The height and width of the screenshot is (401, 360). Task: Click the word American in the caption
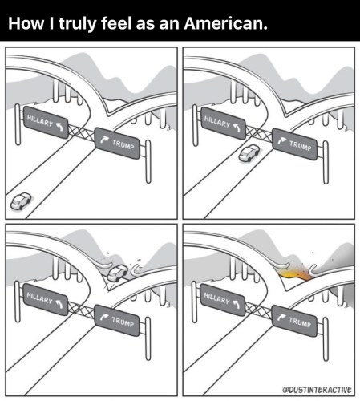coord(225,23)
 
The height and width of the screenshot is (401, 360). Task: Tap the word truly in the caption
coord(76,24)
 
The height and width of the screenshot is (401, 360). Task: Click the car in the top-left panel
coord(21,200)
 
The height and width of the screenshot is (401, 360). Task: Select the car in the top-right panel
coord(249,153)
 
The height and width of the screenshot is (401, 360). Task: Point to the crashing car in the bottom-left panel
coord(118,273)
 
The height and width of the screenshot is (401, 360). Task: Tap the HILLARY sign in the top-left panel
coord(46,123)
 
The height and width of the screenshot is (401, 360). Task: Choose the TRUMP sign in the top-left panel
coord(118,144)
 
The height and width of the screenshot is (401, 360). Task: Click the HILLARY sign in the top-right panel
coord(223,124)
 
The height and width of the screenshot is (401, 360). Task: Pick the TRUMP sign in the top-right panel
coord(295,144)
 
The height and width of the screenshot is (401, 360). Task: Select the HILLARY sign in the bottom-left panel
coord(46,300)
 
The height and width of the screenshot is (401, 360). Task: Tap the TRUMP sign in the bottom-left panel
coord(118,320)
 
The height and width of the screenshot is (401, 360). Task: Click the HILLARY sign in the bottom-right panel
coord(223,300)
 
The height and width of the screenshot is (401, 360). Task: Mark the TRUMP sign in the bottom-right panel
coord(295,321)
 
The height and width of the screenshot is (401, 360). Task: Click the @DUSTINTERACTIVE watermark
coord(318,390)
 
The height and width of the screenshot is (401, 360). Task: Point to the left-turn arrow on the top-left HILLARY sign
coord(59,126)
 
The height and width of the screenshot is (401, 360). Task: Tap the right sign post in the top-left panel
coord(148,161)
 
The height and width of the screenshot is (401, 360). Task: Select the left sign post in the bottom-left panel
coord(18,302)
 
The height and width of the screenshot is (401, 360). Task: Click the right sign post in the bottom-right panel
coord(326,339)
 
